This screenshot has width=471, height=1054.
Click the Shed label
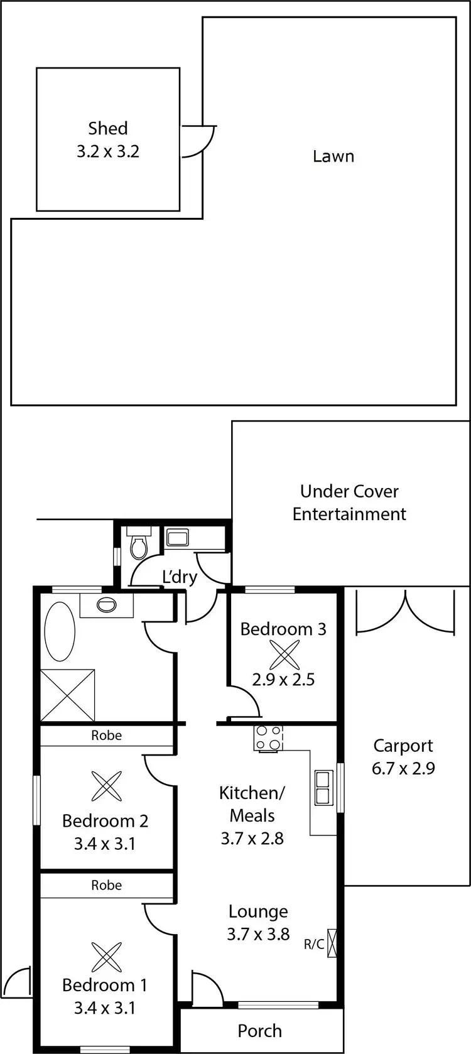pyautogui.click(x=108, y=129)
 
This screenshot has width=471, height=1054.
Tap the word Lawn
pyautogui.click(x=333, y=156)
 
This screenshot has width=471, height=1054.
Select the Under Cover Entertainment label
pyautogui.click(x=349, y=503)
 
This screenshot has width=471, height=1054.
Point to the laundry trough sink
pyautogui.click(x=176, y=538)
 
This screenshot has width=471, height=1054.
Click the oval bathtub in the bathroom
pyautogui.click(x=60, y=631)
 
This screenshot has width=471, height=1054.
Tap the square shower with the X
pyautogui.click(x=68, y=695)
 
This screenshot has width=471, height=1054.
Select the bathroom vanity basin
pyautogui.click(x=107, y=605)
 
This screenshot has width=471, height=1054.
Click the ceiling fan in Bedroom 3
pyautogui.click(x=284, y=656)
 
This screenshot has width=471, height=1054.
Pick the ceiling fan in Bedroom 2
pyautogui.click(x=106, y=786)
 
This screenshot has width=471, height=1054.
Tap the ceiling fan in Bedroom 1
pyautogui.click(x=106, y=957)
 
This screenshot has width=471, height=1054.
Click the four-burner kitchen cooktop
pyautogui.click(x=268, y=738)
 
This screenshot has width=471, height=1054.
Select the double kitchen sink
pyautogui.click(x=323, y=788)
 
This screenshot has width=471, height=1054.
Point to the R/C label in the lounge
pyautogui.click(x=314, y=944)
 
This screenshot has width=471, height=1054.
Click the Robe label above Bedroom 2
pyautogui.click(x=106, y=736)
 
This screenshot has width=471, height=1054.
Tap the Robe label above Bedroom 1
pyautogui.click(x=106, y=885)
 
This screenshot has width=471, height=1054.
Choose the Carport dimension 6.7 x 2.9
pyautogui.click(x=403, y=768)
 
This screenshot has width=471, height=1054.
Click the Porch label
pyautogui.click(x=259, y=1031)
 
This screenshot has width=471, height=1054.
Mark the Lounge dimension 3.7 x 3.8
pyautogui.click(x=258, y=934)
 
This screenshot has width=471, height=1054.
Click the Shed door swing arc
pyautogui.click(x=200, y=141)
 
